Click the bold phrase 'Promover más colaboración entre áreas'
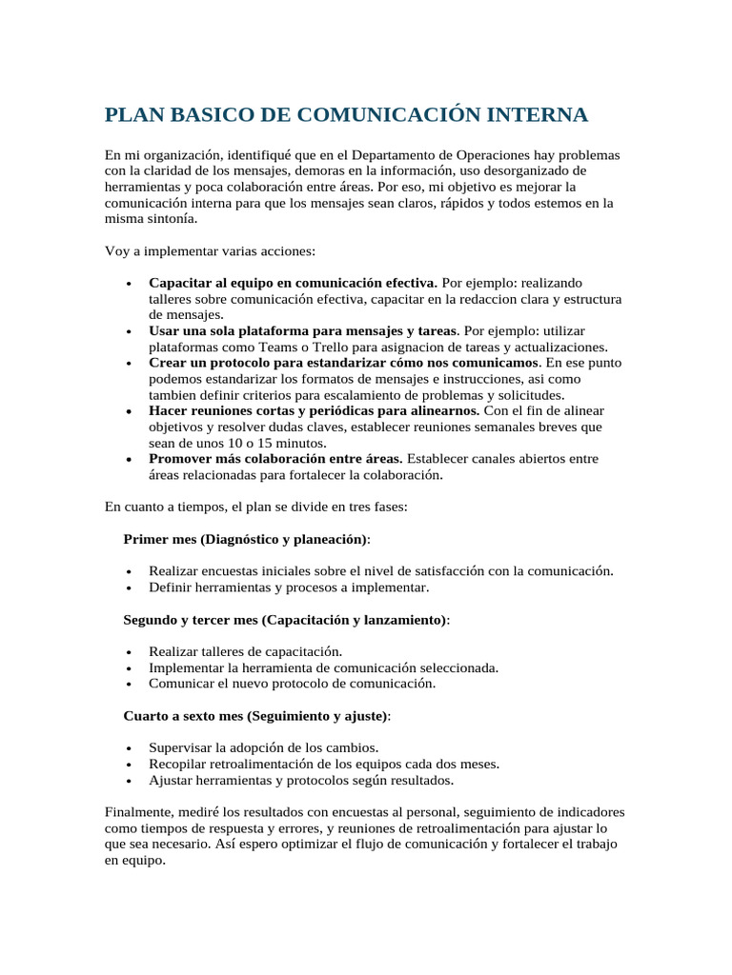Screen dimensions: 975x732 point(275,459)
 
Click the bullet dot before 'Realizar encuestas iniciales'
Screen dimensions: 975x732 point(128,571)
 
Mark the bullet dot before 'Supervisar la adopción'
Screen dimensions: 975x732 point(128,747)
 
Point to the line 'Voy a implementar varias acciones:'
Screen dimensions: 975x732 point(209,251)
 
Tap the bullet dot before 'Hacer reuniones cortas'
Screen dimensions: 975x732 point(128,411)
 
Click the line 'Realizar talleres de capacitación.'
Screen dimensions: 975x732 point(245,651)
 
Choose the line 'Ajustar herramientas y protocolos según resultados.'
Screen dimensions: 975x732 point(301,780)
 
